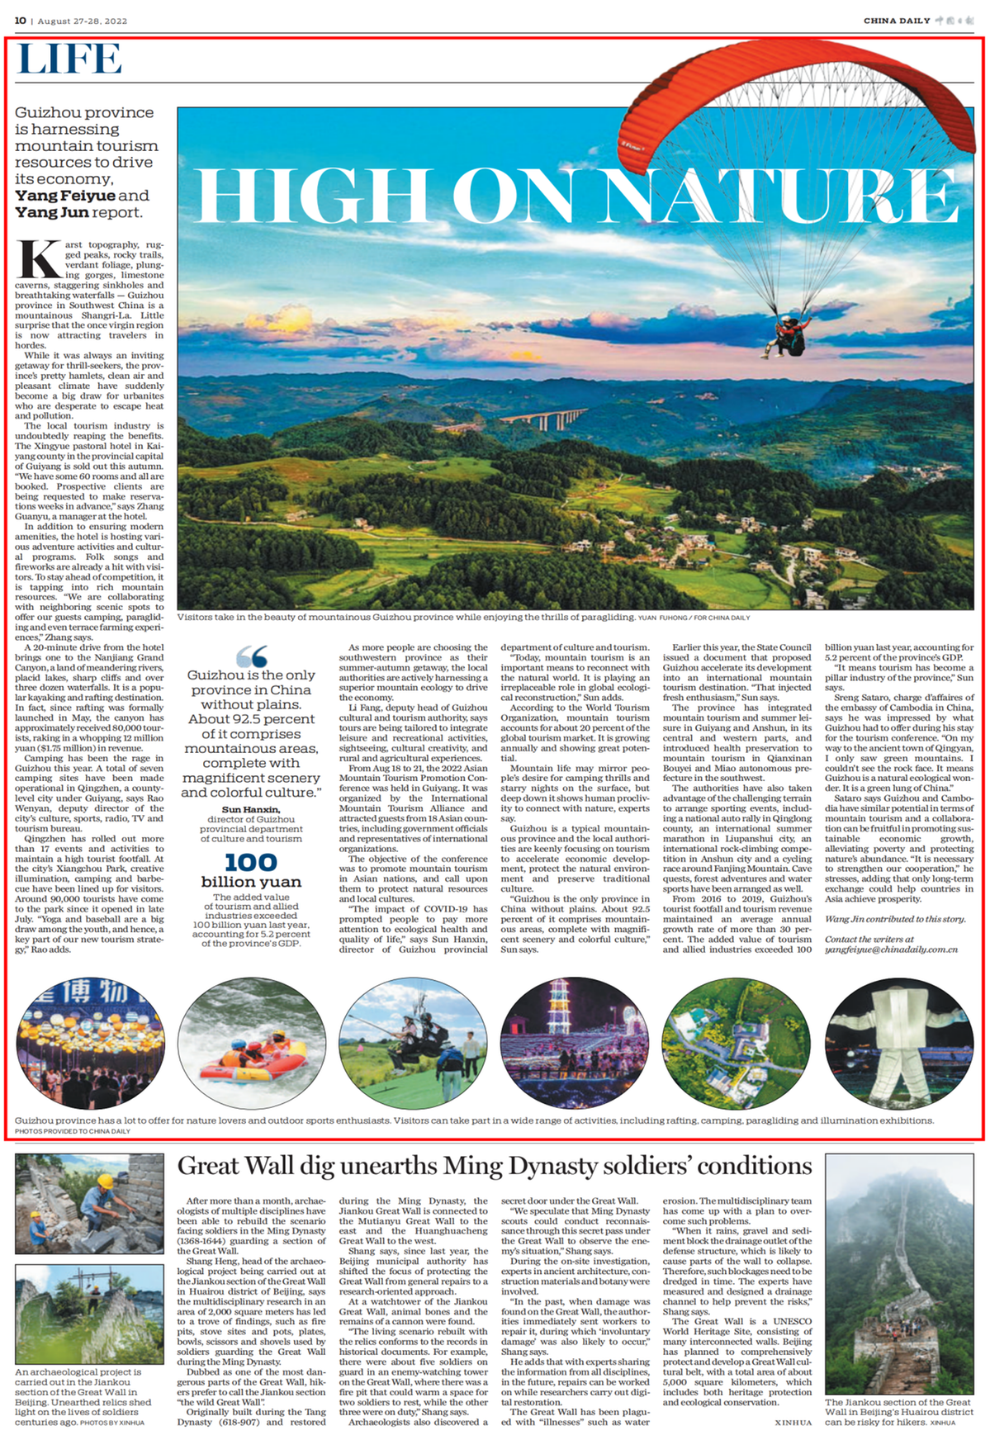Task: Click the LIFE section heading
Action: (x=69, y=59)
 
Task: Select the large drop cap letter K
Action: (x=38, y=260)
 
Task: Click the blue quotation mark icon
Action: (x=251, y=656)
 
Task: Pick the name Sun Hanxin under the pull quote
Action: (x=250, y=809)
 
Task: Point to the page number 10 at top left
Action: (x=20, y=21)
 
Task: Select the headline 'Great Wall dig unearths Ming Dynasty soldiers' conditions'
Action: (x=495, y=1166)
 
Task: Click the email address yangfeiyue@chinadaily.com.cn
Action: (x=891, y=950)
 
